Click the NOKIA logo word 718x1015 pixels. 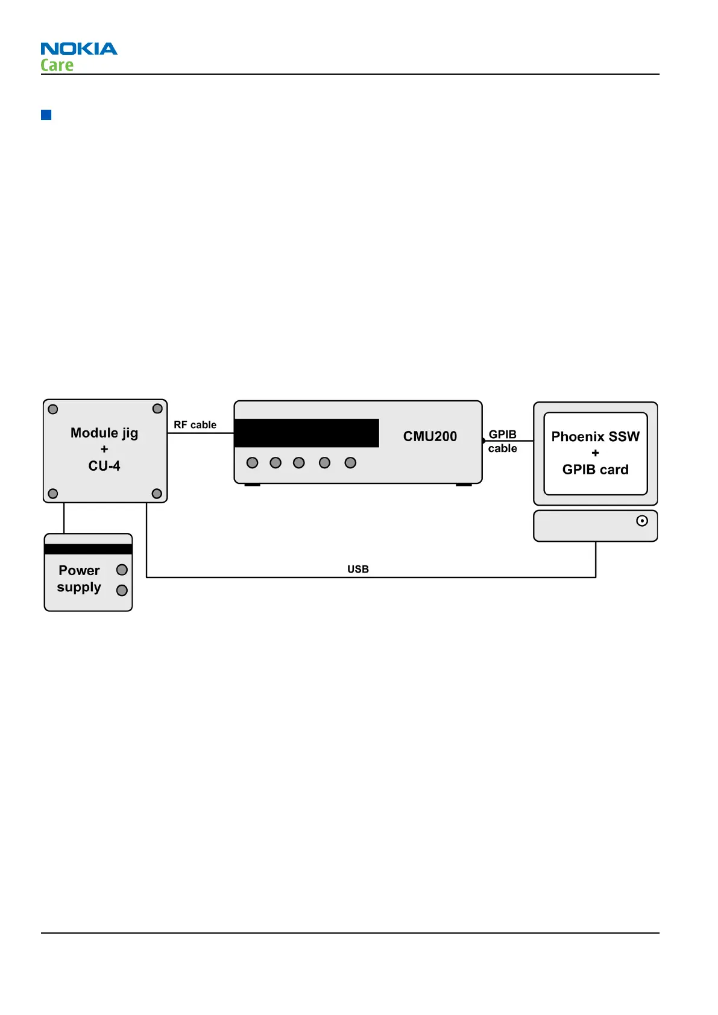[x=79, y=49]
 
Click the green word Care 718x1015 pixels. [x=57, y=65]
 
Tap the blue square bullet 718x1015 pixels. [x=46, y=115]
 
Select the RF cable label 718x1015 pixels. [x=195, y=425]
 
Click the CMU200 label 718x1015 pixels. [x=430, y=436]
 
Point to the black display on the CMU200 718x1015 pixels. [x=306, y=433]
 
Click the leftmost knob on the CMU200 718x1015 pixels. [x=253, y=463]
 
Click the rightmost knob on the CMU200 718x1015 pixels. [x=350, y=463]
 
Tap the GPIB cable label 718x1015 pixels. [x=502, y=441]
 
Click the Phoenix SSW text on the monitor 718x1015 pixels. [x=595, y=436]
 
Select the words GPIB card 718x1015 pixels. [x=595, y=470]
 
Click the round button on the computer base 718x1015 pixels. [x=642, y=521]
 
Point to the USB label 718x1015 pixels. [x=357, y=569]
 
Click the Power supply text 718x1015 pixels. [x=79, y=579]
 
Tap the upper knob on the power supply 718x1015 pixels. [x=122, y=570]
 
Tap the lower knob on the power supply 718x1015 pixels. [x=122, y=590]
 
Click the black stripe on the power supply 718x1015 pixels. [x=88, y=549]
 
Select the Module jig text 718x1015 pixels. [x=104, y=433]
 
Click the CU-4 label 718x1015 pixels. [x=104, y=466]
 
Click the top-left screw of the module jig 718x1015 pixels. [x=53, y=409]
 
